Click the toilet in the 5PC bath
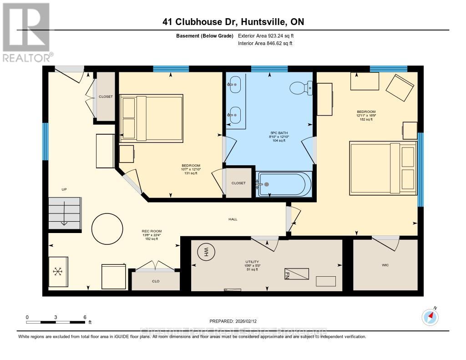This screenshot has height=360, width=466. tap(301, 87)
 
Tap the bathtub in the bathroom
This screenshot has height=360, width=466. tap(284, 184)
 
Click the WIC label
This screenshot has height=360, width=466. tap(385, 264)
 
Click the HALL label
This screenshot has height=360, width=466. tap(233, 219)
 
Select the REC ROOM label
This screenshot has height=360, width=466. tap(152, 231)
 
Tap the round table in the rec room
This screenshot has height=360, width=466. tap(107, 229)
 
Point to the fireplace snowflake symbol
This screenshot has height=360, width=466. tap(58, 272)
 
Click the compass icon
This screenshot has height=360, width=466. tap(430, 317)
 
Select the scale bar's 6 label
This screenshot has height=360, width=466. tap(85, 317)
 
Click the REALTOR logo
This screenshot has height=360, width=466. tap(26, 32)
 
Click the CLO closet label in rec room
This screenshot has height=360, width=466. tap(156, 281)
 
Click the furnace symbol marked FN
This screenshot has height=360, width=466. tap(297, 273)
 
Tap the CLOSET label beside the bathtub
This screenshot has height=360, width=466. tap(238, 183)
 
